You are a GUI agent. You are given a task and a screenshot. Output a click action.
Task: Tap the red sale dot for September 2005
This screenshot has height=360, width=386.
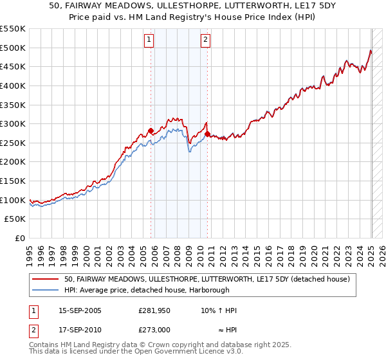pos(151,130)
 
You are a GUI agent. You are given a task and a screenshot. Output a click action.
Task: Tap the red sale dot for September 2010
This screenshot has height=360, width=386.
pos(207,134)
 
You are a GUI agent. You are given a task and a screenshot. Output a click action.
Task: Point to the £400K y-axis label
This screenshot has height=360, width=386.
pos(13,85)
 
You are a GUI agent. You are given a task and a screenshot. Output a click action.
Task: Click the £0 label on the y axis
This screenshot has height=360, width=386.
pos(19,239)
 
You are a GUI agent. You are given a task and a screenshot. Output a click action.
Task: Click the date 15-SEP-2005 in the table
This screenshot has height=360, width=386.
pos(80,310)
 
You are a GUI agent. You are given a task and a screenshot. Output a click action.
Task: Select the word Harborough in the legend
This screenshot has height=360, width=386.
pos(207,290)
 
